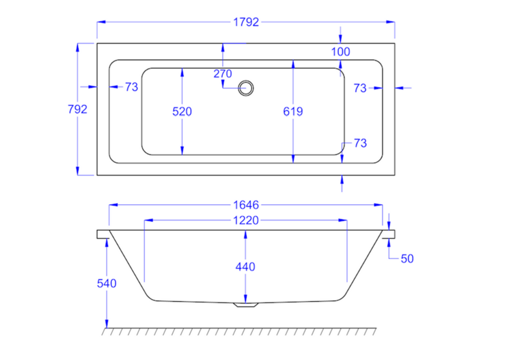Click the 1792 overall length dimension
[x=246, y=22]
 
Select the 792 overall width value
[x=77, y=109]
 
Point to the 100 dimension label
[x=340, y=51]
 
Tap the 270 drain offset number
[x=223, y=74]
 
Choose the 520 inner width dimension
[x=182, y=111]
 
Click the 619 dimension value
[x=293, y=111]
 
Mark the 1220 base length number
[x=246, y=221]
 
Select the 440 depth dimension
[x=245, y=267]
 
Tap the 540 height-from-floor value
[x=106, y=283]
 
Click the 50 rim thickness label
[x=407, y=259]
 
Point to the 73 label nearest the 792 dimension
[x=131, y=87]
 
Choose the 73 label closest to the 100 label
[x=360, y=88]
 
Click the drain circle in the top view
[x=246, y=88]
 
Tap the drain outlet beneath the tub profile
[x=246, y=304]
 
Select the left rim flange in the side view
[x=102, y=234]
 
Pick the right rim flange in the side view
[x=389, y=234]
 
